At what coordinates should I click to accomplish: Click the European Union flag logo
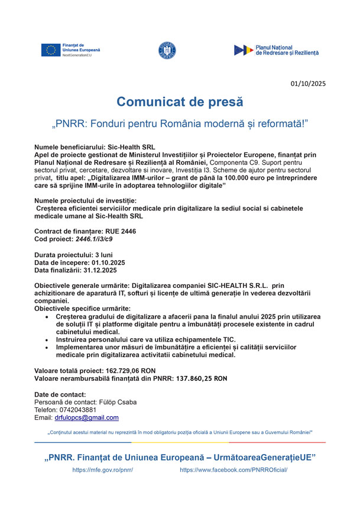point(51,50)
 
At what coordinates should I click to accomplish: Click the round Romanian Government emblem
point(167,51)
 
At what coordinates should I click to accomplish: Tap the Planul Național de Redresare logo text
point(286,50)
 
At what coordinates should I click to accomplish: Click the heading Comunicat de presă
point(180,102)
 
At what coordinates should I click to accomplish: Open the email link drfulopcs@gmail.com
point(86,417)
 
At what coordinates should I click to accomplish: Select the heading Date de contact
point(60,394)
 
